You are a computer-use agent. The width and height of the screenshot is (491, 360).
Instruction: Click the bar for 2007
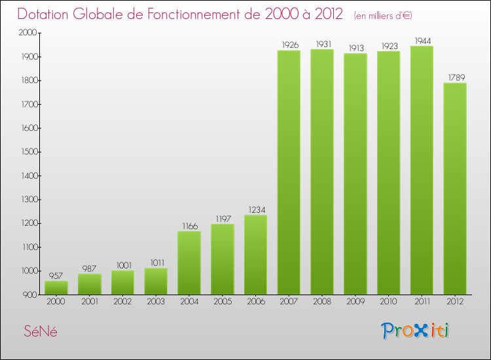289,172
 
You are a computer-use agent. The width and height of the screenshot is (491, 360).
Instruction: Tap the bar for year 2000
56,287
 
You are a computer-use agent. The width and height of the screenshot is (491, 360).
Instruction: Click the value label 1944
422,41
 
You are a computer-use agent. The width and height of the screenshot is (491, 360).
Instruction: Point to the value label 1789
455,77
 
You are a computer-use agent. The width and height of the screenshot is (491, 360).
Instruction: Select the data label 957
56,276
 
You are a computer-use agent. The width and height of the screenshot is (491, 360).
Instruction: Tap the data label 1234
255,209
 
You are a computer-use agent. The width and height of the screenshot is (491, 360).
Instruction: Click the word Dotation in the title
46,14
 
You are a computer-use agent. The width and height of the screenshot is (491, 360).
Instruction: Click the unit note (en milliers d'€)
383,15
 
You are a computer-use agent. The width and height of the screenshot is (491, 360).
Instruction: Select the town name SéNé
41,331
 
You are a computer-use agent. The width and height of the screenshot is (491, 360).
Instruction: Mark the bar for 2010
388,173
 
